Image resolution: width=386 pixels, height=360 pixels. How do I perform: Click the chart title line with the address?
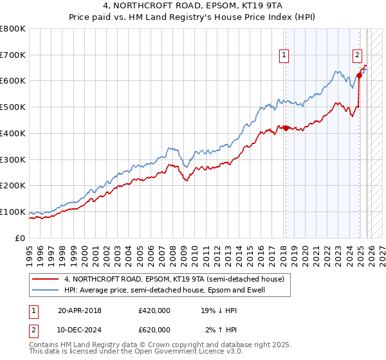[192, 6]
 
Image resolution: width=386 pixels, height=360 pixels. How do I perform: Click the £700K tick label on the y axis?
[13, 55]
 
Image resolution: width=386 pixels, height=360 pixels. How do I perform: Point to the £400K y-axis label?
[13, 133]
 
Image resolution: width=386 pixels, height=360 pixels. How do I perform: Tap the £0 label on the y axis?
[20, 238]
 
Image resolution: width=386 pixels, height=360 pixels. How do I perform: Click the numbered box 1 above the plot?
[284, 56]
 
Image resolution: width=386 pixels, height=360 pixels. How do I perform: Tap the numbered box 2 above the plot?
[357, 56]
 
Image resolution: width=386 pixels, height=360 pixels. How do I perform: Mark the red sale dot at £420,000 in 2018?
[285, 128]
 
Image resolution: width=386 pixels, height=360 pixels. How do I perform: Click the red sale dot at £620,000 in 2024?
[358, 75]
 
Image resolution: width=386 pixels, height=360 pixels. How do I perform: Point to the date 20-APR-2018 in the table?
[79, 310]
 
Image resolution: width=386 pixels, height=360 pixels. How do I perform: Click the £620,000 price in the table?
[154, 330]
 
